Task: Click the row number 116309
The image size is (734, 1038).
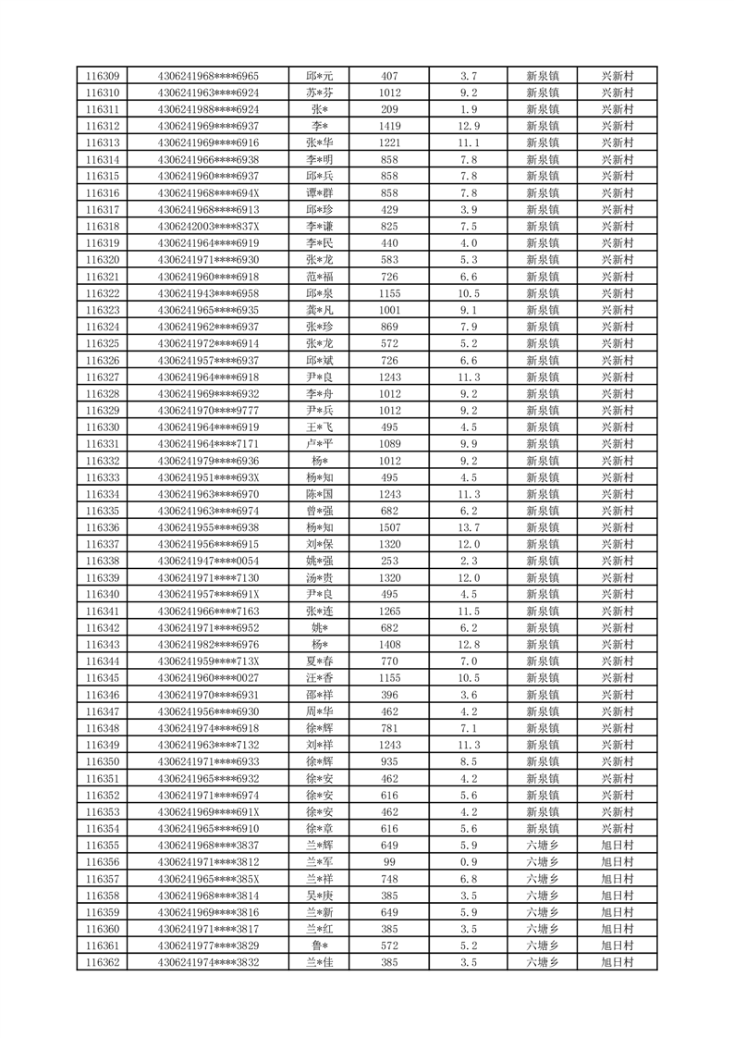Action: [102, 76]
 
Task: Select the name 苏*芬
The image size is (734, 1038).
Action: [320, 93]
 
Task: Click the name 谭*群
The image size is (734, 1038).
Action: [320, 193]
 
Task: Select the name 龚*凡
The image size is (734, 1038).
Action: [320, 310]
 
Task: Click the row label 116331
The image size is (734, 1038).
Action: [102, 444]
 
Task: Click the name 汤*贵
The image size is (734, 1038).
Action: [320, 577]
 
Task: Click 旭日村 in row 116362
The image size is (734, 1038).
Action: [617, 962]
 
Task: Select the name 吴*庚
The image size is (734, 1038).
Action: [320, 896]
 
